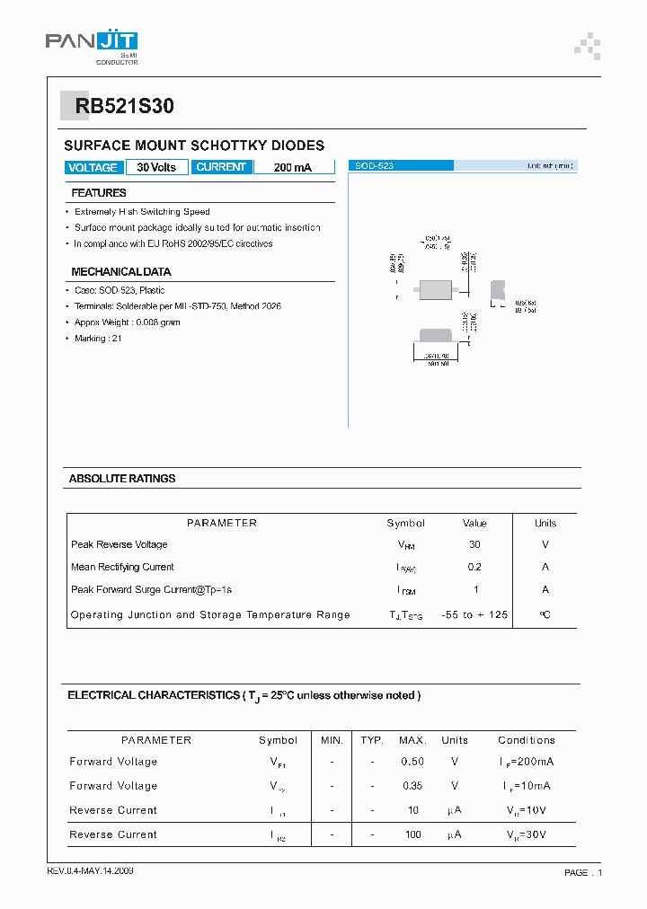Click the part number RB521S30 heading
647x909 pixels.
[x=125, y=107]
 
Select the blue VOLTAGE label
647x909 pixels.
[x=93, y=167]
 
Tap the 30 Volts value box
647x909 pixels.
[x=156, y=167]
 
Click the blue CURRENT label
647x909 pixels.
[x=221, y=167]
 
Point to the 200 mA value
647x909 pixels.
[x=292, y=167]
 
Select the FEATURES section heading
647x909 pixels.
[x=99, y=193]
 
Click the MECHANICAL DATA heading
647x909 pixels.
[x=120, y=271]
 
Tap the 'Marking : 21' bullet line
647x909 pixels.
[x=98, y=339]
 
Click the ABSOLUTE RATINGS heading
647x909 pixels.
[x=122, y=479]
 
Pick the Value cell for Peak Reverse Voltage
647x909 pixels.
[x=474, y=544]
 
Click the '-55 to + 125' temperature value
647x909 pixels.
[x=474, y=614]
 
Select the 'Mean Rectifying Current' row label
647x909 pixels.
[x=122, y=567]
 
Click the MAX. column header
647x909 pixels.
[x=412, y=740]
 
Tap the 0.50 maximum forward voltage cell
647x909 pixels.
[x=412, y=762]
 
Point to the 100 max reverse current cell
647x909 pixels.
[x=412, y=834]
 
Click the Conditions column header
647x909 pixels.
[x=527, y=740]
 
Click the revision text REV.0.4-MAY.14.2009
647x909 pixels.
[x=90, y=871]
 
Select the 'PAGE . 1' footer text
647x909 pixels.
[x=583, y=872]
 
